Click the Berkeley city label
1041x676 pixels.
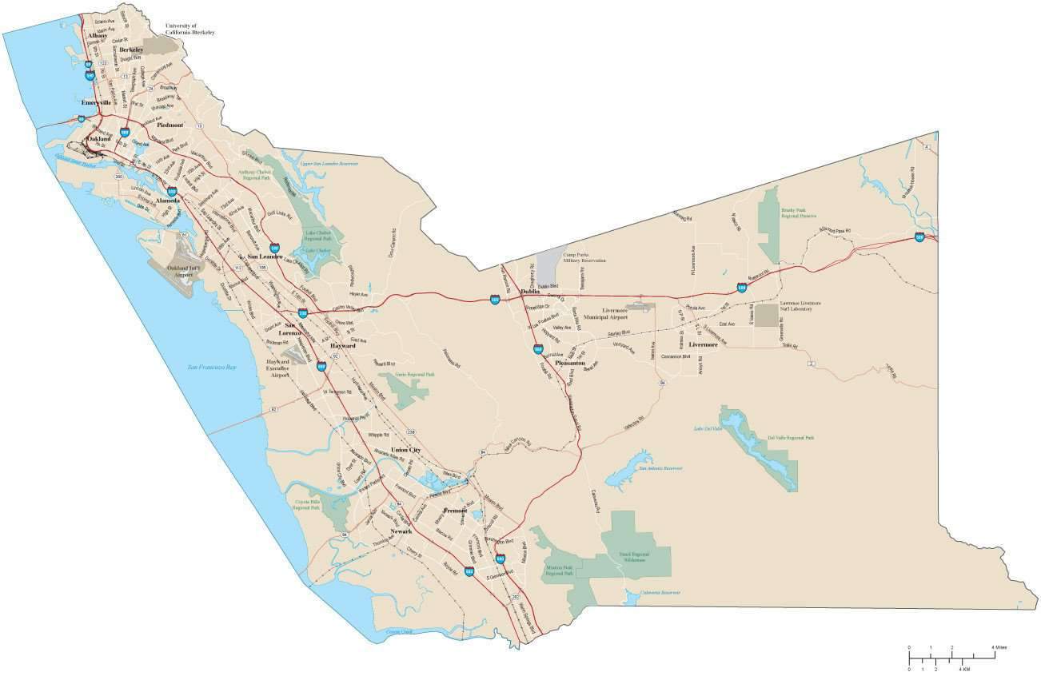click(131, 50)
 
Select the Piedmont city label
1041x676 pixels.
click(170, 125)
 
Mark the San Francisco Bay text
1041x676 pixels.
click(212, 368)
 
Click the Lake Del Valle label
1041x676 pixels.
click(708, 429)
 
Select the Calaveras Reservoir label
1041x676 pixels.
click(660, 593)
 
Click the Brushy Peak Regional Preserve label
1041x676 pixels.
click(798, 213)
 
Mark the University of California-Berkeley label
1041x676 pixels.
click(189, 29)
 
